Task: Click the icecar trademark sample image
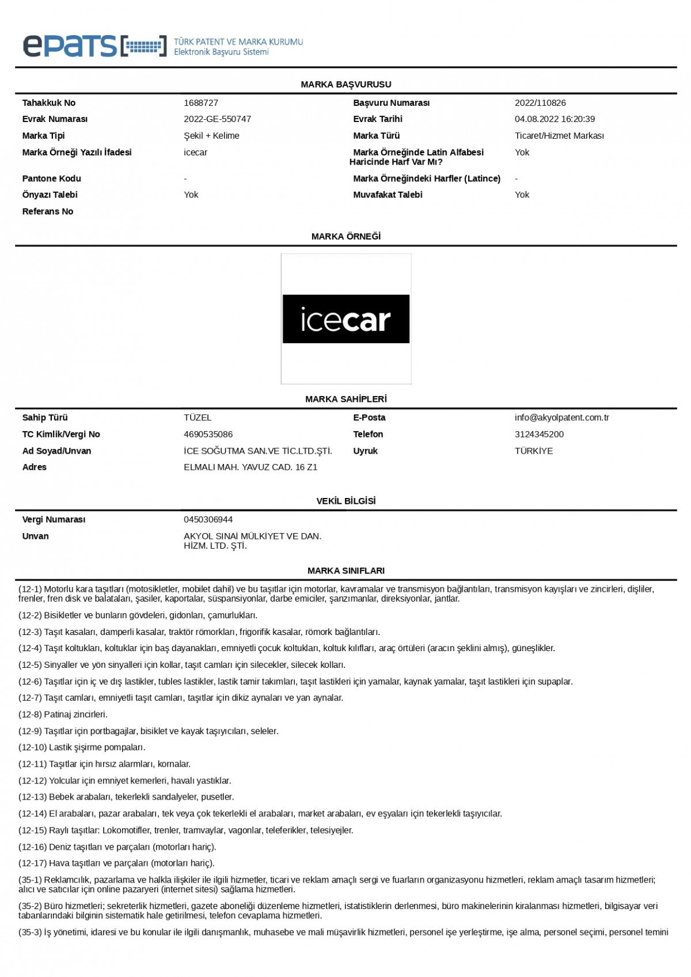pyautogui.click(x=346, y=319)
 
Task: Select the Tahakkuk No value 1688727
pyautogui.click(x=201, y=103)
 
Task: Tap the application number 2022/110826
pyautogui.click(x=540, y=103)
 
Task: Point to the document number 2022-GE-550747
pyautogui.click(x=217, y=119)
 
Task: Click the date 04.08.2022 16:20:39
pyautogui.click(x=555, y=119)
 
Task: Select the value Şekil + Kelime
pyautogui.click(x=211, y=136)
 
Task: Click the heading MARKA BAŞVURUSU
pyautogui.click(x=346, y=85)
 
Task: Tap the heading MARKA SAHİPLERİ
pyautogui.click(x=346, y=399)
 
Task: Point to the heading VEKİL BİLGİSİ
pyautogui.click(x=346, y=501)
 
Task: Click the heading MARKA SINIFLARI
pyautogui.click(x=346, y=571)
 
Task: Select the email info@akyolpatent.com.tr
pyautogui.click(x=561, y=418)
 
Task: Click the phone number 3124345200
pyautogui.click(x=539, y=435)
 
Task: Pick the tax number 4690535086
pyautogui.click(x=208, y=435)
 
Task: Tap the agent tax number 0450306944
pyautogui.click(x=208, y=520)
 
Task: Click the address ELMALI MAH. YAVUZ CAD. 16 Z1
pyautogui.click(x=250, y=467)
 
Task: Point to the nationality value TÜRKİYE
pyautogui.click(x=534, y=451)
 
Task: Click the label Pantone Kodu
pyautogui.click(x=52, y=178)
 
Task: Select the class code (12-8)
pyautogui.click(x=30, y=714)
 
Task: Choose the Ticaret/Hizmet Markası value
pyautogui.click(x=559, y=136)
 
